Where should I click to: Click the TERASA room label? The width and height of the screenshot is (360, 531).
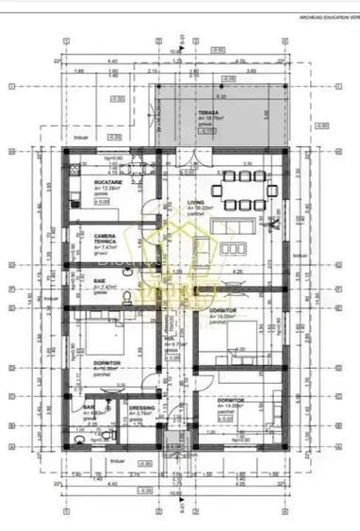(x=208, y=112)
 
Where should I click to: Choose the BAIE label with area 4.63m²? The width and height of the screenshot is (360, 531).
(x=88, y=407)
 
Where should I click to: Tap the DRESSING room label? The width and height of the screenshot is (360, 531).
(x=141, y=407)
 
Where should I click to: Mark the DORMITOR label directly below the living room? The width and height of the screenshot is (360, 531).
(x=223, y=309)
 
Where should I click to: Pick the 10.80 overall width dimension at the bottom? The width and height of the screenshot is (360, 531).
(x=173, y=491)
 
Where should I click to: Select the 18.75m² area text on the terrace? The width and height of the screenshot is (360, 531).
(x=209, y=119)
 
